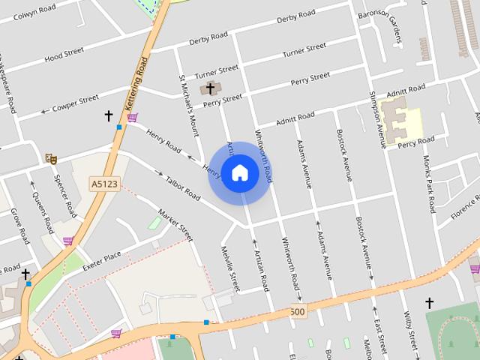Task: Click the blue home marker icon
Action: [239, 172]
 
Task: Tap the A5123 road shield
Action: [104, 183]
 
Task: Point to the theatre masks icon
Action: [51, 157]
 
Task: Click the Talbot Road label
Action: [181, 185]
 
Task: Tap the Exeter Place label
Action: [102, 259]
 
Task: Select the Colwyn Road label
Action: [35, 13]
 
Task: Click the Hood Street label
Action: [64, 55]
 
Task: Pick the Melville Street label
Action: [230, 268]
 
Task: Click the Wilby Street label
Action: [409, 331]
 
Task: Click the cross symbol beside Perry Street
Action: [211, 88]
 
